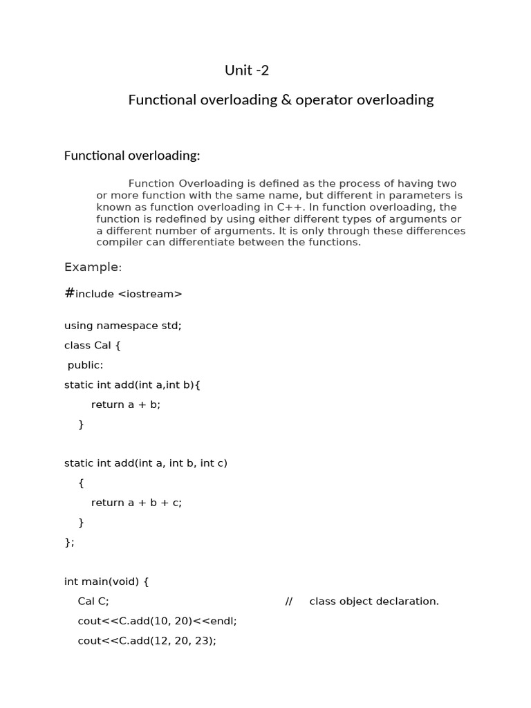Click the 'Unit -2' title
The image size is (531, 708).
coord(247,70)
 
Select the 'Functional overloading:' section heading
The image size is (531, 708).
coord(132,156)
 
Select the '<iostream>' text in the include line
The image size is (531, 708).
coord(150,294)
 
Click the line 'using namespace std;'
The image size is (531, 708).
coord(123,325)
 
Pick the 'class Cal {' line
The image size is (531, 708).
coord(93,345)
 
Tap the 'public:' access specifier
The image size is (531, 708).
coord(85,365)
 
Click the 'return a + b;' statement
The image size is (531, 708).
coord(126,404)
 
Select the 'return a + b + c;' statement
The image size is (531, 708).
coord(136,503)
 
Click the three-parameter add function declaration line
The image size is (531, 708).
coord(146,463)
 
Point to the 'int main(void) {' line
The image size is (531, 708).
coord(106,581)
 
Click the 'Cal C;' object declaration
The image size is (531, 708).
coord(93,602)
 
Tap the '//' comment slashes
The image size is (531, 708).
coord(289,602)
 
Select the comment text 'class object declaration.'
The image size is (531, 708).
coord(374,602)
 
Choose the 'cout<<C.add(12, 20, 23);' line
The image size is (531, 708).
coord(147,641)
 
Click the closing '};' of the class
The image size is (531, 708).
coord(69,542)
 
